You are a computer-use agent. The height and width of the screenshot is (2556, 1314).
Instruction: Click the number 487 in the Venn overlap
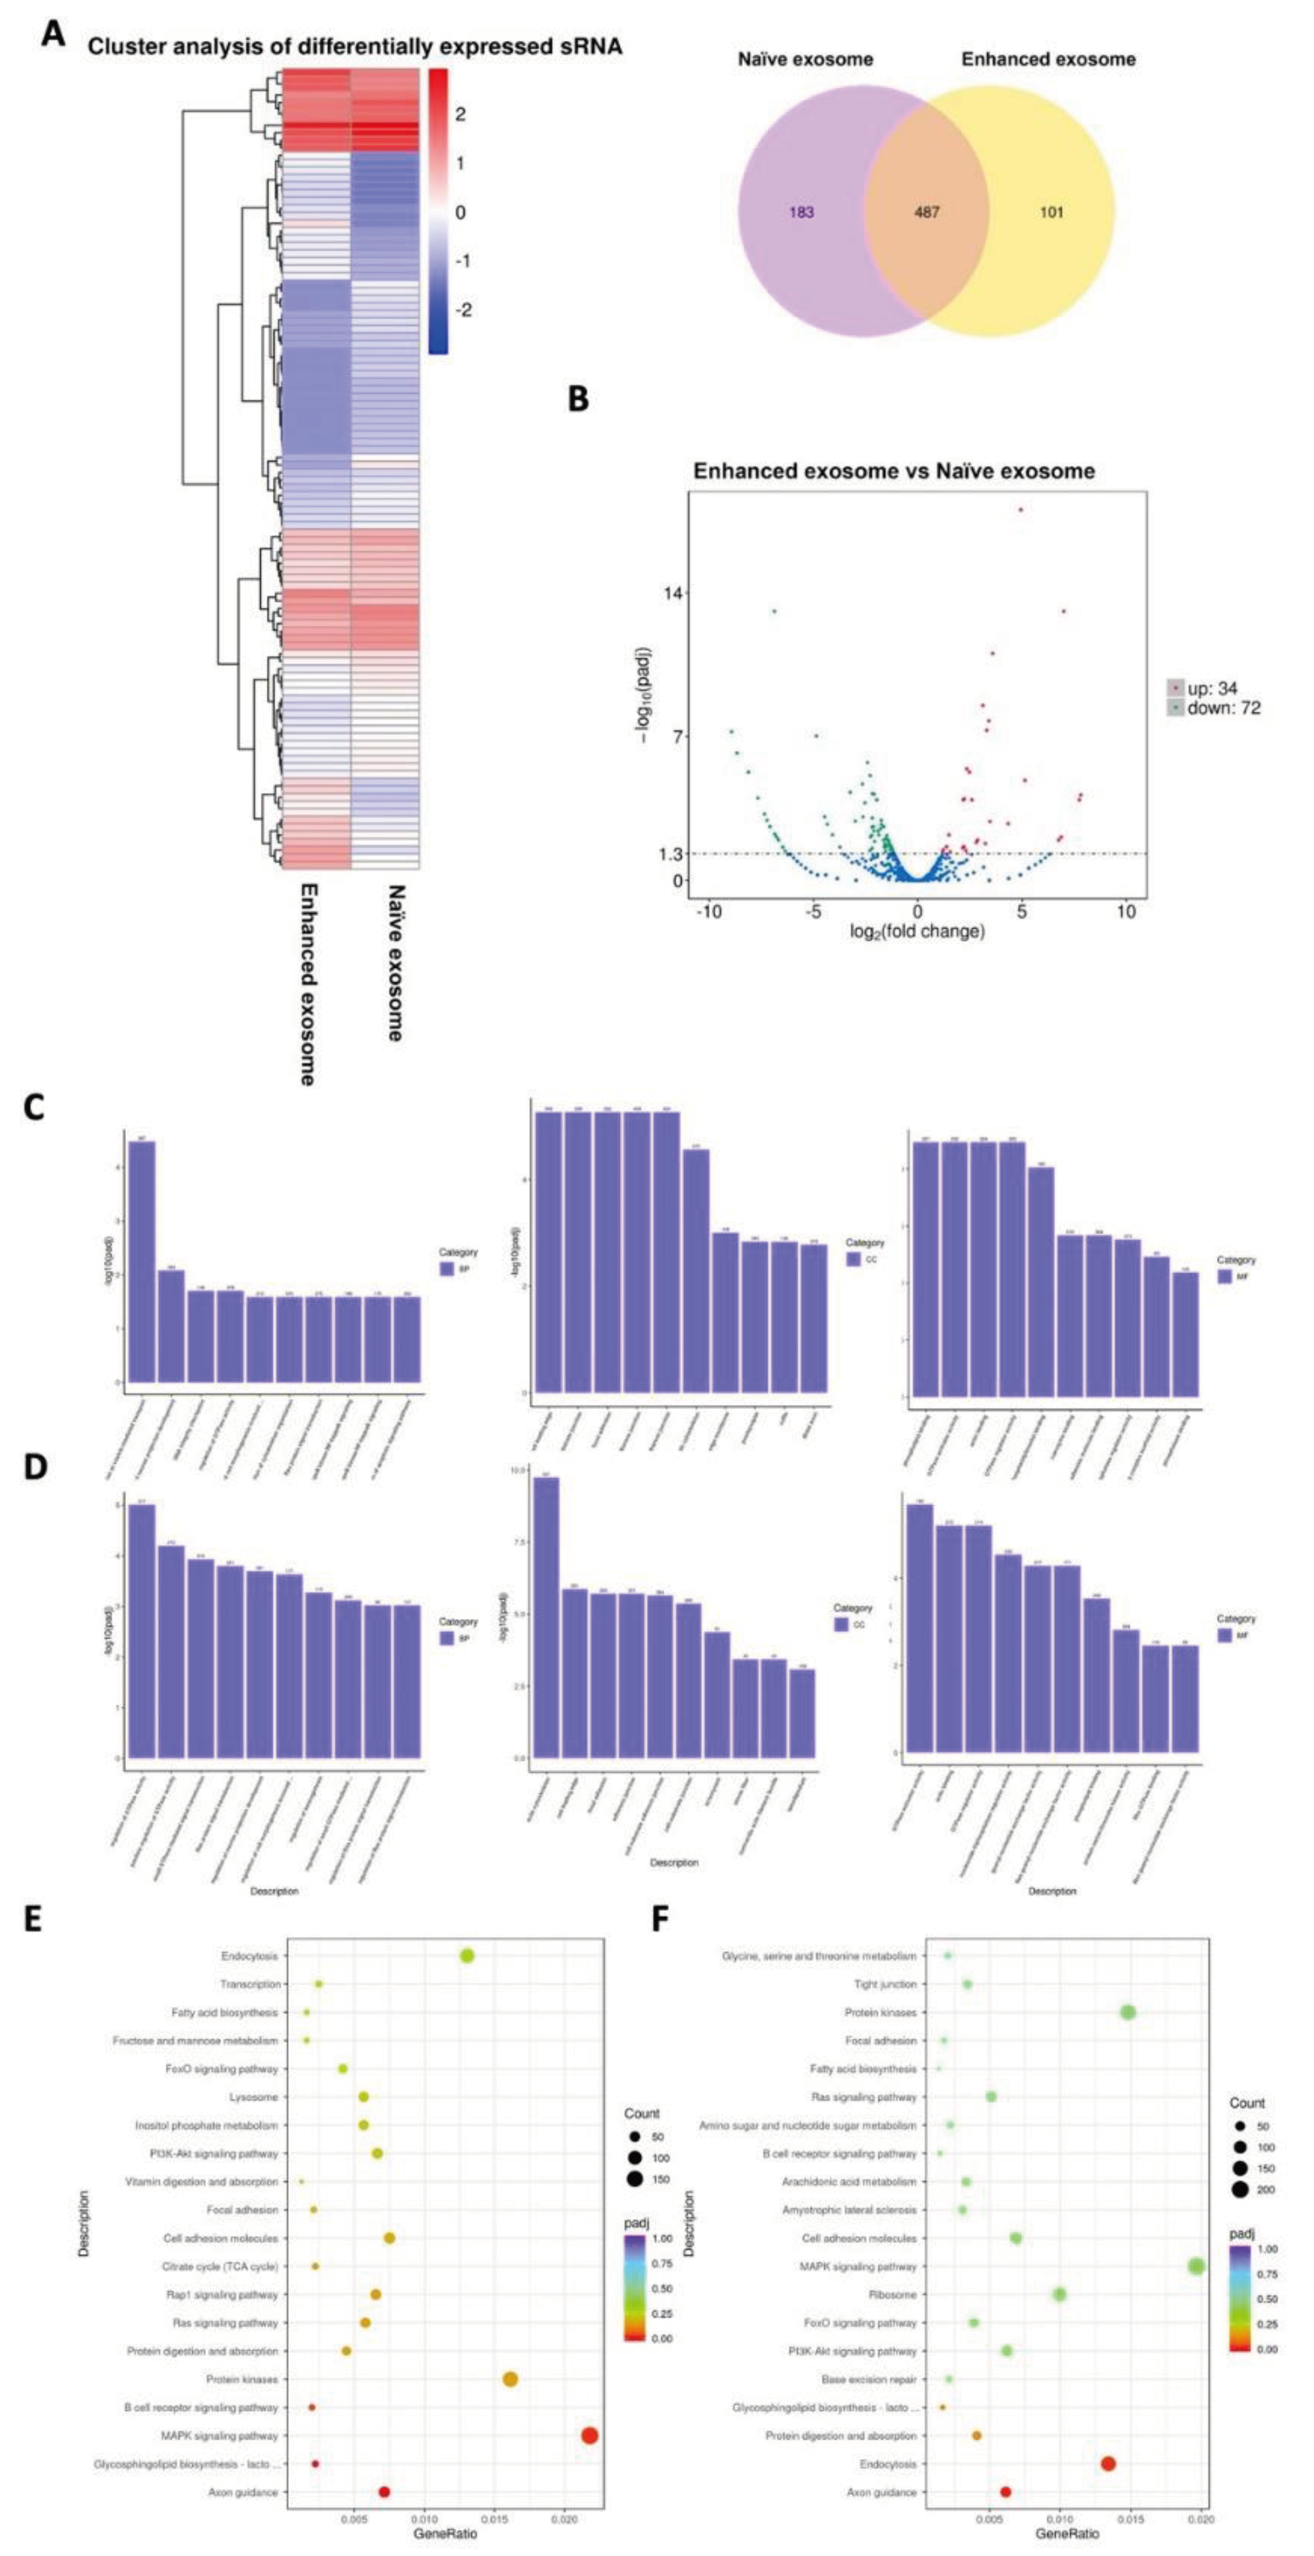click(x=926, y=212)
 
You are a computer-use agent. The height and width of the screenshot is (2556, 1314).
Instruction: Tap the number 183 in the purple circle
click(x=801, y=212)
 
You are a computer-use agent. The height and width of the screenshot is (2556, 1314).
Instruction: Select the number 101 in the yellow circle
click(x=1051, y=212)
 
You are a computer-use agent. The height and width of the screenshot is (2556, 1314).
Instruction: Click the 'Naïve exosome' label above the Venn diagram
click(x=805, y=60)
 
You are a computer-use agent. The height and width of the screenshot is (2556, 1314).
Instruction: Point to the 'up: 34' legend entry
click(x=1211, y=688)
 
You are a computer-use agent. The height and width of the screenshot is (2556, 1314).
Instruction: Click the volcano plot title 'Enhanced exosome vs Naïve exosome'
click(x=893, y=471)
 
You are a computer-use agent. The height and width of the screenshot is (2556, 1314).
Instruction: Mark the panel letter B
click(x=578, y=399)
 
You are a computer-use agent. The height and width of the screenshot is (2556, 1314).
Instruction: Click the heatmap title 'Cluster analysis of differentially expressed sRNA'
click(x=354, y=46)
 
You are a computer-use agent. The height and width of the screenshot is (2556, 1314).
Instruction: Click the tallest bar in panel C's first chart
click(x=142, y=1260)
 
